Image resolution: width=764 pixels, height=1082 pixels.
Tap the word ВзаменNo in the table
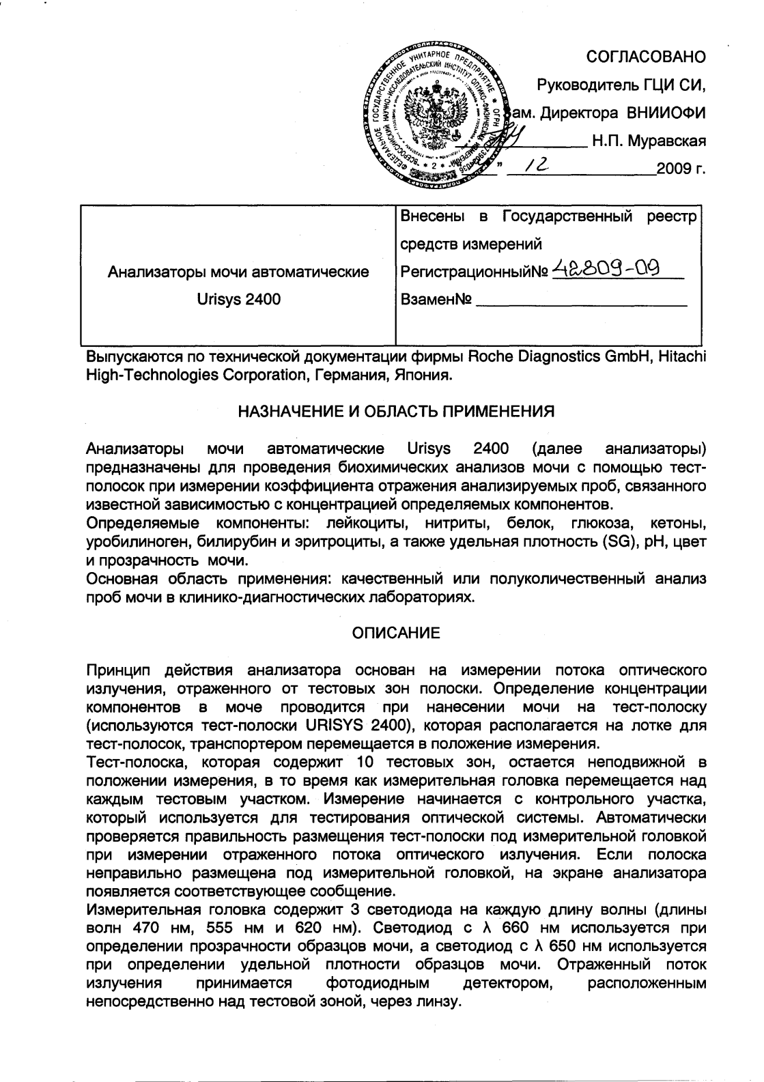(x=436, y=299)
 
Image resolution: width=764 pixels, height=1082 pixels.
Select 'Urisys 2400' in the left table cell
(x=238, y=299)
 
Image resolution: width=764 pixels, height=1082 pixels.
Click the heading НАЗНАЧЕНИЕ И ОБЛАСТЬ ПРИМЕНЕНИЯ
(x=395, y=411)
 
